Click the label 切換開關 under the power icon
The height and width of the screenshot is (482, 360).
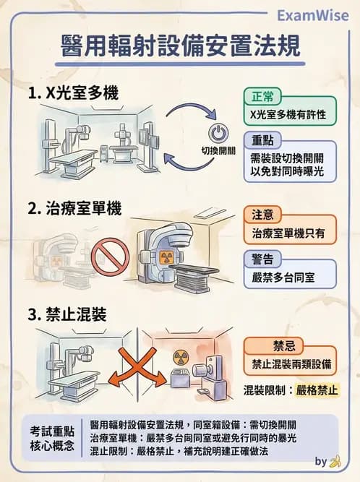218,151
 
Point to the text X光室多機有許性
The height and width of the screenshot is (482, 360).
287,115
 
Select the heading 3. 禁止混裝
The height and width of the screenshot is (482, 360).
67,315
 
